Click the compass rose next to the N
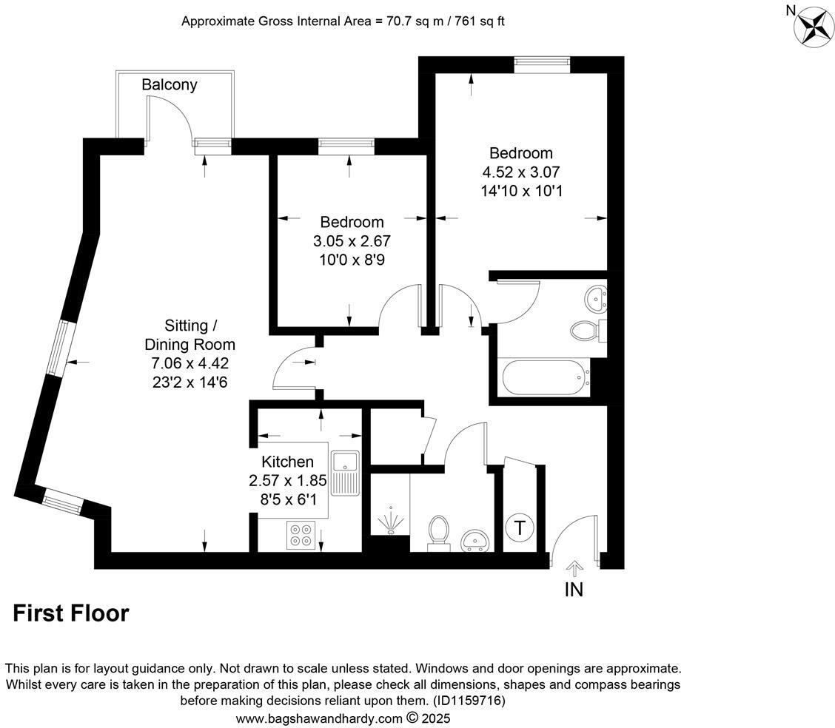[x=814, y=27]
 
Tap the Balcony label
[x=170, y=85]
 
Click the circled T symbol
[x=520, y=528]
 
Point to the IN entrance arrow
[x=574, y=568]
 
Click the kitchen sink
[x=345, y=473]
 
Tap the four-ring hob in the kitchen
[x=301, y=535]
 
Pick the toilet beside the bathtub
[x=586, y=330]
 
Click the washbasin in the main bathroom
[x=596, y=298]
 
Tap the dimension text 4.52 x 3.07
[x=520, y=172]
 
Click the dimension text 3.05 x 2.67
[x=352, y=240]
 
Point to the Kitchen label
[x=287, y=462]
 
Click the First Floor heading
[x=71, y=613]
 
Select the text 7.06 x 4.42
[x=190, y=363]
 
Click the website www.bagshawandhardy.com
[x=319, y=718]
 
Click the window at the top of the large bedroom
[x=543, y=65]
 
